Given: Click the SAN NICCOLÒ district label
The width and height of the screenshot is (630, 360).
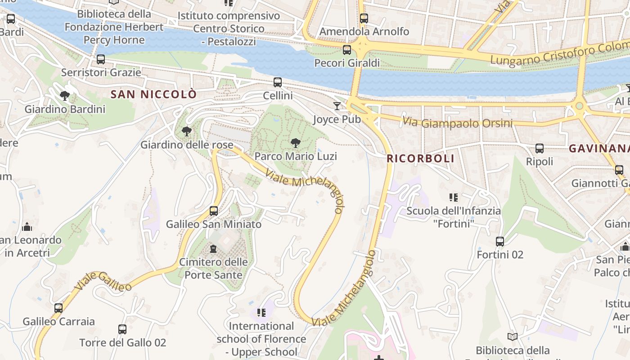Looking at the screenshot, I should pos(153,94).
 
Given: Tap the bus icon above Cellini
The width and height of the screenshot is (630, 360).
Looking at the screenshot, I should pos(278,82).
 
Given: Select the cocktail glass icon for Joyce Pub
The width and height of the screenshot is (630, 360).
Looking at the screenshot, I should pos(337,106).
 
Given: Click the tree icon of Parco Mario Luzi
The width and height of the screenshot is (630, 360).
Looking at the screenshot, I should pos(296,143).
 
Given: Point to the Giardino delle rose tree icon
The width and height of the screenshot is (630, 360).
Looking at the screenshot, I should pos(186,131).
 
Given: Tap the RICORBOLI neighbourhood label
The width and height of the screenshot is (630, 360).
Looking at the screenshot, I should pos(420,158).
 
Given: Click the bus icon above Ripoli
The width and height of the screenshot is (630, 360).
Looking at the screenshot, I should pos(539,148).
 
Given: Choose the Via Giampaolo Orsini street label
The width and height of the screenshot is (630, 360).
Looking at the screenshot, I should pos(458,122).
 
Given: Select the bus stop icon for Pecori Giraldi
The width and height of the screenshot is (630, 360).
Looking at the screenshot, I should pos(346,50).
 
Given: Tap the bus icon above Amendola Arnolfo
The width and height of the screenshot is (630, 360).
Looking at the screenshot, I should pos(364,18).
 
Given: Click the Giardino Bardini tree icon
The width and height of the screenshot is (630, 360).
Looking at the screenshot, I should pos(65,96).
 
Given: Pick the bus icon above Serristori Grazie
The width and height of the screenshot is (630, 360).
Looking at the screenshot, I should pos(101,59).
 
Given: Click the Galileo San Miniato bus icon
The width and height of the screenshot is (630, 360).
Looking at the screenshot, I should pos(214,211).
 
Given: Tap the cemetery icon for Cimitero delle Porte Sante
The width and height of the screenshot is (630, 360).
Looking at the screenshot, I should pos(214,249).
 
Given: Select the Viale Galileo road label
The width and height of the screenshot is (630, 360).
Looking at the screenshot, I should pos(103,281).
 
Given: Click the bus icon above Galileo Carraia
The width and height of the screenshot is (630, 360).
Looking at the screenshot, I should pos(58,308).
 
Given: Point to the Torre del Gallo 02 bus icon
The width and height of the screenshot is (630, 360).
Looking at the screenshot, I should pos(122,329).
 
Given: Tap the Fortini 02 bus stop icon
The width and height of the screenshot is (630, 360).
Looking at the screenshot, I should pos(500,242).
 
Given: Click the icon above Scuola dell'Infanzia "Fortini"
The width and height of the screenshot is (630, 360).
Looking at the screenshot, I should pos(454,197).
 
